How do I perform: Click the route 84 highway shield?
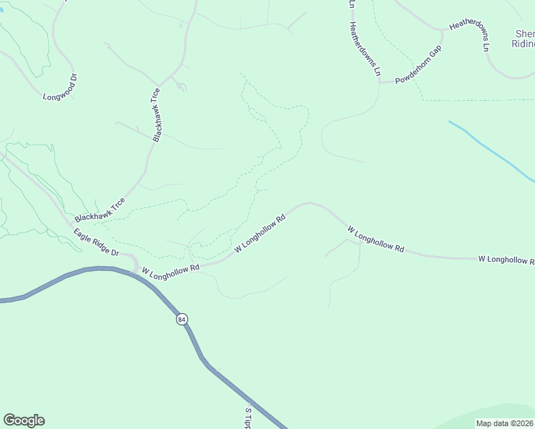click(182, 320)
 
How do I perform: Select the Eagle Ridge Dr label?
click(96, 243)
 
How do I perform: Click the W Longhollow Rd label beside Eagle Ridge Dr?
click(170, 270)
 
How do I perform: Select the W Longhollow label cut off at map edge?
click(506, 259)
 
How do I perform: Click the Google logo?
click(24, 420)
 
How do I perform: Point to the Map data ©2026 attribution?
click(503, 423)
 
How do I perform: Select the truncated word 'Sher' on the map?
click(524, 34)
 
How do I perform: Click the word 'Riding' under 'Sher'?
click(523, 44)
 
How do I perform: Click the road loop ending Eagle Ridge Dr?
click(132, 262)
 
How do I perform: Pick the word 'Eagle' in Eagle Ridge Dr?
click(83, 235)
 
